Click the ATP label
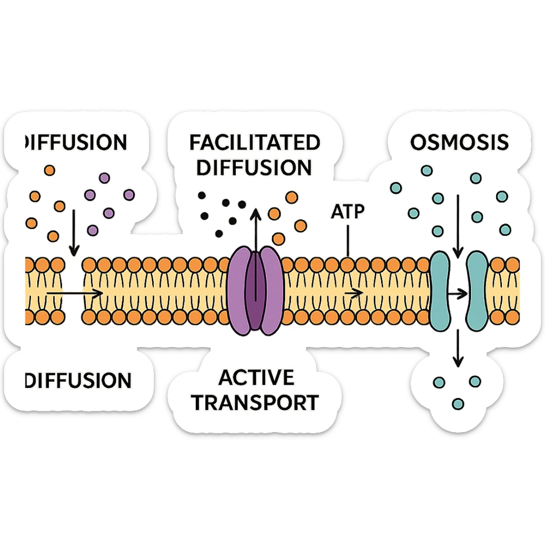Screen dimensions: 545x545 point(348,212)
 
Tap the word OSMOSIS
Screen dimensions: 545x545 point(459,142)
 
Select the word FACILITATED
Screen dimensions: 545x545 point(254,143)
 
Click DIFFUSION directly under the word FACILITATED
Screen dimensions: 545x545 point(253,168)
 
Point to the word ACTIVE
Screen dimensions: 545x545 point(256,378)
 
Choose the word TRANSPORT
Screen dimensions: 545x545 point(255,402)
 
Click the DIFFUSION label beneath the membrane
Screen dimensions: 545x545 point(78,380)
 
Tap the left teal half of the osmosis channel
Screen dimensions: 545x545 point(440,291)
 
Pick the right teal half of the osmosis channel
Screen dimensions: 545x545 point(476,291)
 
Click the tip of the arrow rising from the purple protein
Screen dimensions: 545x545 point(254,211)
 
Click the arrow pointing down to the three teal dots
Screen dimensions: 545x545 point(456,349)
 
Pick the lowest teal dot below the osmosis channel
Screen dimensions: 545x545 point(457,403)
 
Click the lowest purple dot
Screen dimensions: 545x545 point(93,230)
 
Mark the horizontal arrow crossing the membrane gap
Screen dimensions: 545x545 point(75,293)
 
